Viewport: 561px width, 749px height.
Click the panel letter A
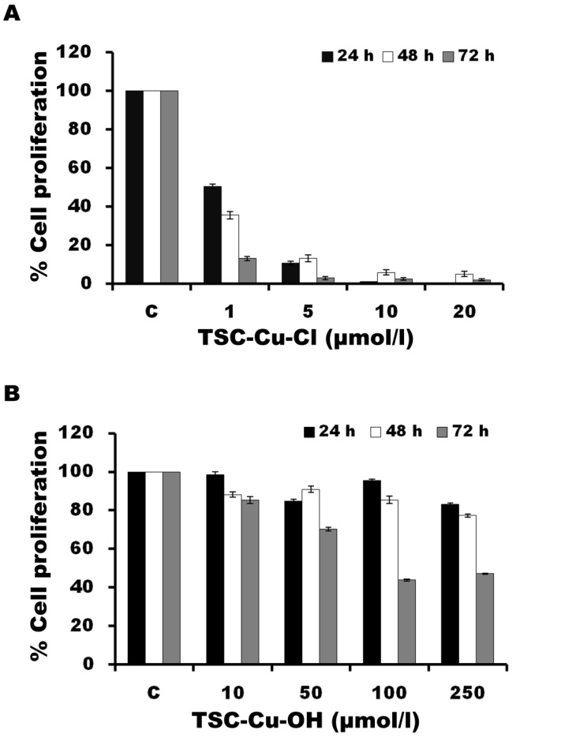[12, 13]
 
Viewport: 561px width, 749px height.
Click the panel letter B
[12, 392]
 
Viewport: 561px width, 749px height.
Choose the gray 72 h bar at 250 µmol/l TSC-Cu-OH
[484, 619]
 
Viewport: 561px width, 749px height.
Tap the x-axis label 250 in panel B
[467, 692]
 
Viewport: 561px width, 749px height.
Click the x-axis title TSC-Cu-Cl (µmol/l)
[308, 339]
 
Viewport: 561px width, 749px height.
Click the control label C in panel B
[153, 692]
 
